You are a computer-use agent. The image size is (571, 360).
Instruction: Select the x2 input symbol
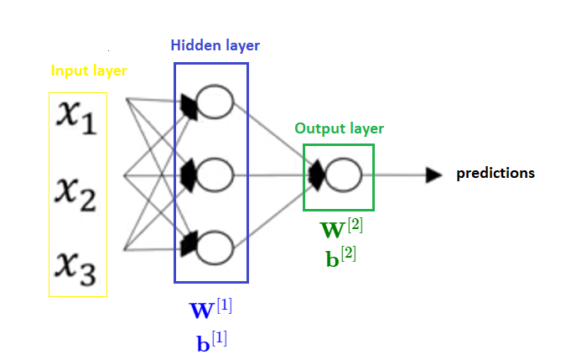[x=77, y=190]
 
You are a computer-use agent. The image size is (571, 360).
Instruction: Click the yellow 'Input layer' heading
[x=89, y=70]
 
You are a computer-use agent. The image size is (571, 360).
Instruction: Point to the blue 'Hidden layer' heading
[x=215, y=45]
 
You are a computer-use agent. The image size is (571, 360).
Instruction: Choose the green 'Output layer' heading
[x=339, y=128]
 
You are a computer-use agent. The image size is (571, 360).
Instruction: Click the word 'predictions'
[x=495, y=174]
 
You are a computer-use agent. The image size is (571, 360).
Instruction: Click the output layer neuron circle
[x=344, y=175]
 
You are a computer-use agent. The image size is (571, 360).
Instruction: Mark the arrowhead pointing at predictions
[x=433, y=175]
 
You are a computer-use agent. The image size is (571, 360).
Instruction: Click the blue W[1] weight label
[x=210, y=309]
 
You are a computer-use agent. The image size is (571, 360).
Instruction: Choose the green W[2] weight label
[x=341, y=228]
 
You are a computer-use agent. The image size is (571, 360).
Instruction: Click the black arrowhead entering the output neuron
[x=317, y=175]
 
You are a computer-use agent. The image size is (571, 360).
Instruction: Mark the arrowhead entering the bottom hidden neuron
[x=188, y=244]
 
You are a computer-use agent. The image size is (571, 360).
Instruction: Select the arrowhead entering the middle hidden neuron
[x=188, y=175]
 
